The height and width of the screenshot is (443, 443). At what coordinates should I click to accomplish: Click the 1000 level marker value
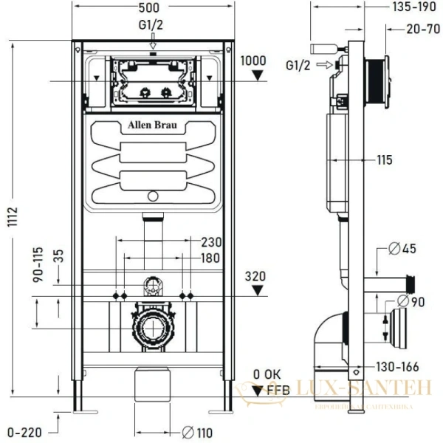(x=254, y=61)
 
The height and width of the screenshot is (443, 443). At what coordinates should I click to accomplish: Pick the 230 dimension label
(x=211, y=241)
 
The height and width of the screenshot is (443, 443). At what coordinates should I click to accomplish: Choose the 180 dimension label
(x=211, y=258)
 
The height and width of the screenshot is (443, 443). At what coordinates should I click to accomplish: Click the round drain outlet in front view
(x=152, y=326)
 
